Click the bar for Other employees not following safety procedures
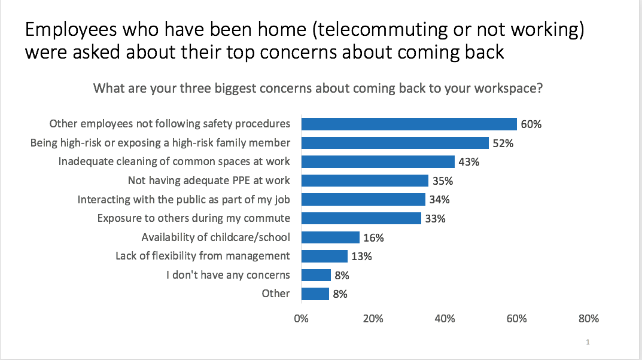pyautogui.click(x=409, y=124)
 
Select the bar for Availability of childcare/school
pyautogui.click(x=330, y=237)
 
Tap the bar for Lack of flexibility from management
pyautogui.click(x=324, y=256)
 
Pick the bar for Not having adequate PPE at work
pyautogui.click(x=364, y=181)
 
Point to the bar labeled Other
pyautogui.click(x=315, y=294)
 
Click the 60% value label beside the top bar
pyautogui.click(x=531, y=124)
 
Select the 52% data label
pyautogui.click(x=503, y=144)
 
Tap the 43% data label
pyautogui.click(x=468, y=162)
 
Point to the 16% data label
pyautogui.click(x=373, y=237)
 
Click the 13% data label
pyautogui.click(x=361, y=257)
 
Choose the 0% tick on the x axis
pyautogui.click(x=301, y=319)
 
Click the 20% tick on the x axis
pyautogui.click(x=373, y=319)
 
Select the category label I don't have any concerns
pyautogui.click(x=228, y=275)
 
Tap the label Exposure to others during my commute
pyautogui.click(x=193, y=218)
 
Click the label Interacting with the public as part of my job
pyautogui.click(x=184, y=199)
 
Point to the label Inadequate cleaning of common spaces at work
pyautogui.click(x=174, y=161)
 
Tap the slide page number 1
pyautogui.click(x=588, y=343)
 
